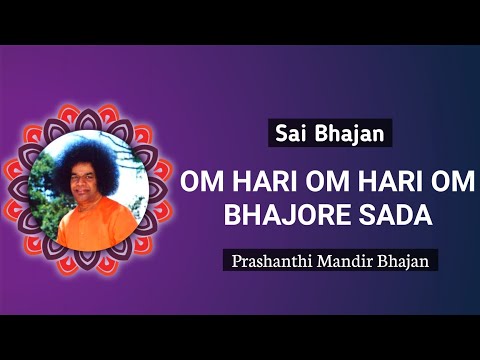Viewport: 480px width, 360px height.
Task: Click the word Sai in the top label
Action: tap(289, 131)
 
